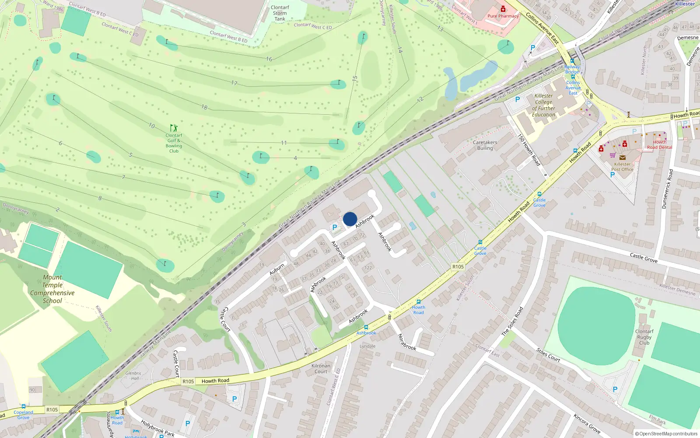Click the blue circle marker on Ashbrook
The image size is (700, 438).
pyautogui.click(x=350, y=219)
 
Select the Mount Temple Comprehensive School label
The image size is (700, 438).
pyautogui.click(x=52, y=289)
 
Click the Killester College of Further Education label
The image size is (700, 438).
pyautogui.click(x=543, y=105)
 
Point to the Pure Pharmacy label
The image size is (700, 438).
pyautogui.click(x=503, y=16)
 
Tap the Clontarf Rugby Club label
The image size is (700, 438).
pyautogui.click(x=644, y=337)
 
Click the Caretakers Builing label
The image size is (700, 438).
pyautogui.click(x=485, y=145)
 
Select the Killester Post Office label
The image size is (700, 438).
pyautogui.click(x=622, y=167)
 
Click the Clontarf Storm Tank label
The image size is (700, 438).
pyautogui.click(x=280, y=13)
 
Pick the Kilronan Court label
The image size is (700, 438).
pyautogui.click(x=321, y=369)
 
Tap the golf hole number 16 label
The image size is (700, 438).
pyautogui.click(x=269, y=59)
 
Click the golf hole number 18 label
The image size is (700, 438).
pyautogui.click(x=204, y=107)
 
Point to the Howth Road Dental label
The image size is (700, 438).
pyautogui.click(x=659, y=145)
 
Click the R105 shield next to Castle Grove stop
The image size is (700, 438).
pyautogui.click(x=458, y=267)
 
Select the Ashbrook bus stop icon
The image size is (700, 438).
pyautogui.click(x=366, y=327)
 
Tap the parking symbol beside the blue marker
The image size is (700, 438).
pyautogui.click(x=335, y=227)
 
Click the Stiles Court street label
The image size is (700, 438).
pyautogui.click(x=548, y=355)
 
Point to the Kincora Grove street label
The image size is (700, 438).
pyautogui.click(x=587, y=423)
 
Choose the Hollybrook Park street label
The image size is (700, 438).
pyautogui.click(x=157, y=428)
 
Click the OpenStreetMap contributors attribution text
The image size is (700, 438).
pyautogui.click(x=666, y=434)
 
